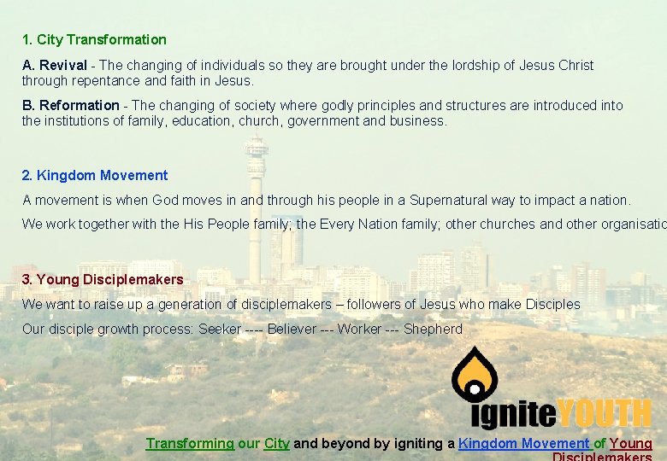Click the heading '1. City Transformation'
(x=94, y=39)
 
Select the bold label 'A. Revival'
(x=54, y=66)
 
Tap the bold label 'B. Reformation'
(x=70, y=106)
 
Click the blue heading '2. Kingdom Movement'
(x=94, y=175)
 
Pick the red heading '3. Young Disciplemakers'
(x=102, y=279)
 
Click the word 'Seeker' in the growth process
(x=220, y=330)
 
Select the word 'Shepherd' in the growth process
(x=433, y=330)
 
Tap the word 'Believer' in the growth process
(x=292, y=330)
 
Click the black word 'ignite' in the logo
(x=513, y=414)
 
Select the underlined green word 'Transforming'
(x=189, y=444)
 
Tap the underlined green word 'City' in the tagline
(x=276, y=444)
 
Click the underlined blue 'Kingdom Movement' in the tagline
(x=523, y=444)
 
